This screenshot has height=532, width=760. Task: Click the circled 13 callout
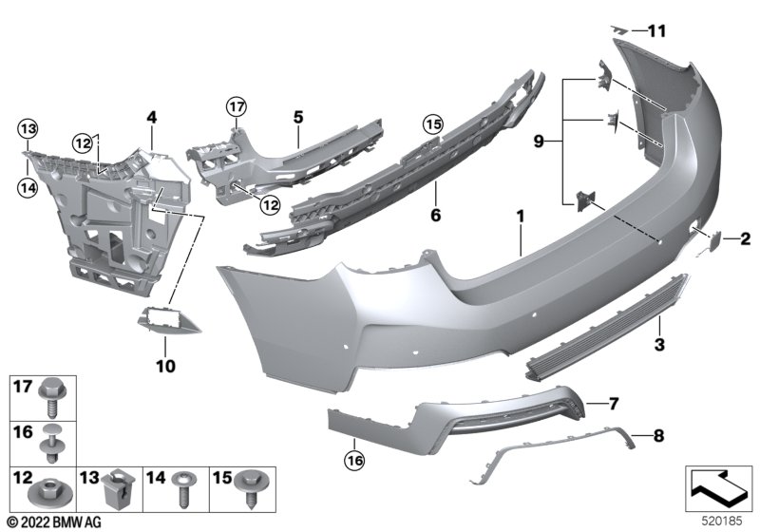(x=28, y=129)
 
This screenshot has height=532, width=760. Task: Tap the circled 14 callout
(x=28, y=186)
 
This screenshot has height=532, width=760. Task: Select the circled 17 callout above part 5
(x=237, y=106)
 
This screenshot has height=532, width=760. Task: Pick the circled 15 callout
(x=433, y=124)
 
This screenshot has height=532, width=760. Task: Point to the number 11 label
(x=657, y=31)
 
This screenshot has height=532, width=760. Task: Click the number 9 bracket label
(x=539, y=142)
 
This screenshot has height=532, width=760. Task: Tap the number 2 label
(x=746, y=238)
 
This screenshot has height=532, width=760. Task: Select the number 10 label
(x=165, y=366)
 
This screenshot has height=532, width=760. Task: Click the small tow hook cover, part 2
(x=715, y=240)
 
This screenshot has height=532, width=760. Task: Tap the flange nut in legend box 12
(x=51, y=492)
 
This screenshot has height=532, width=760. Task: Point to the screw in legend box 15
(x=251, y=489)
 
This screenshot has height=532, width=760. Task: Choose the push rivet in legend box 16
(x=51, y=444)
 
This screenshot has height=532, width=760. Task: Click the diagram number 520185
(x=722, y=522)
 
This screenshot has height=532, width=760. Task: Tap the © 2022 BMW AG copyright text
(x=53, y=522)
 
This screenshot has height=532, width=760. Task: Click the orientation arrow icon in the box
(x=718, y=488)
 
